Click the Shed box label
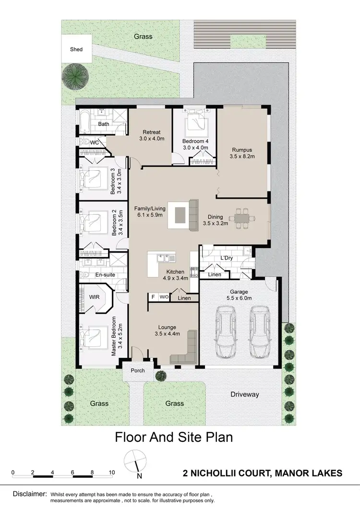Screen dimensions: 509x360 coord(76,49)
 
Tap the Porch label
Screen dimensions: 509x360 coord(138,370)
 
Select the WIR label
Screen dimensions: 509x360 coord(94,297)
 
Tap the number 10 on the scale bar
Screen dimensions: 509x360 coord(112,472)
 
